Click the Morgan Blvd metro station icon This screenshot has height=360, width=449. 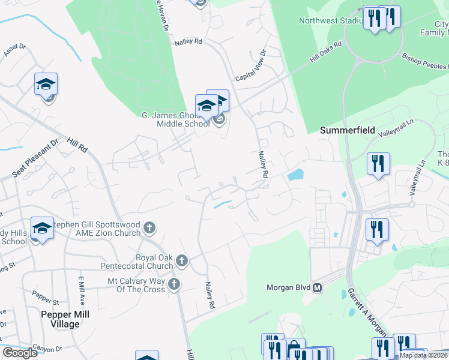tap(318, 288)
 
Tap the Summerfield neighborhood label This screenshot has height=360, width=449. tap(348, 130)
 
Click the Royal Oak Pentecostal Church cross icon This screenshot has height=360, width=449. tap(182, 260)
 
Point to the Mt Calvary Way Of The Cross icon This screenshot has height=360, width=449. tap(174, 284)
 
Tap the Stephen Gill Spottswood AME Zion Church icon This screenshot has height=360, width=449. tap(149, 227)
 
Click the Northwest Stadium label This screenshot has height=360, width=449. tap(331, 21)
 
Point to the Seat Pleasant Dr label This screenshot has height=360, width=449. tap(36, 159)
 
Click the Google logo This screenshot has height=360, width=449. tap(20, 353)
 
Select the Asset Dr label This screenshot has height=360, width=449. tap(14, 50)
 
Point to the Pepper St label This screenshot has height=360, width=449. tap(44, 296)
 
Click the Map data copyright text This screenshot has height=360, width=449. tap(424, 355)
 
